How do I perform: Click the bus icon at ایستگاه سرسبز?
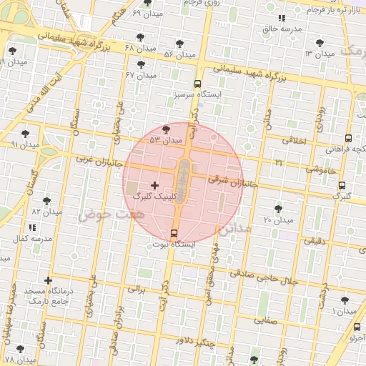[198, 84]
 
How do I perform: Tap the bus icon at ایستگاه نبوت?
[174, 233]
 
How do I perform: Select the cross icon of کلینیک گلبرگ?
[154, 185]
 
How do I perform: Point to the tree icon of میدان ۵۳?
[167, 129]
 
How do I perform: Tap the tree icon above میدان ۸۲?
[47, 201]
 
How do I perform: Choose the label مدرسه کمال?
[29, 237]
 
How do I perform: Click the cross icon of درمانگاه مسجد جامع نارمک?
[48, 281]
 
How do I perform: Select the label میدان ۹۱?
[24, 144]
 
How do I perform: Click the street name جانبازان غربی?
[90, 157]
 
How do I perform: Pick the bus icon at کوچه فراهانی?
[348, 139]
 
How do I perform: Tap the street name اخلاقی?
[294, 141]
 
